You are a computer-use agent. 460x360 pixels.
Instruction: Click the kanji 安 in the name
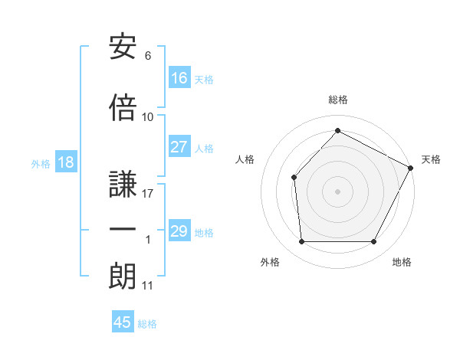123,47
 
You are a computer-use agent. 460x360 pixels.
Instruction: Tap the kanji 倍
123,107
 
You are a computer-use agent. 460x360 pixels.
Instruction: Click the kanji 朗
123,277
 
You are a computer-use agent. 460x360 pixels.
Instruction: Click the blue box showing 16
179,78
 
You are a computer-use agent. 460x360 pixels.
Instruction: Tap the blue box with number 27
179,148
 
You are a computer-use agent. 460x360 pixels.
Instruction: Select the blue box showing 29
179,232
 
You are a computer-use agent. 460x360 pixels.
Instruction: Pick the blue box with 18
65,163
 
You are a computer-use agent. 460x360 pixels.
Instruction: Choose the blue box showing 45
123,322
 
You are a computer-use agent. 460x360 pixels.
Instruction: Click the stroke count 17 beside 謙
148,194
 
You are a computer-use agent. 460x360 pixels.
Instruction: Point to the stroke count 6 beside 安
148,56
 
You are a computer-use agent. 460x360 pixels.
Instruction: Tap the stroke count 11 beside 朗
148,286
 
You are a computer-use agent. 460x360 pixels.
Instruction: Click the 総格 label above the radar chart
337,100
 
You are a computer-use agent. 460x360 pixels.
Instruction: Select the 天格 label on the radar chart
431,159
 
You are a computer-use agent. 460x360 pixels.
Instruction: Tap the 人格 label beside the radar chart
245,159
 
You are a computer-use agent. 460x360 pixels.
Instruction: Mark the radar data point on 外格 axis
301,242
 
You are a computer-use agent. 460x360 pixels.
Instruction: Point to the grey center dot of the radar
337,191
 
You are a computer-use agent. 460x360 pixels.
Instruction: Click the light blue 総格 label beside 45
147,324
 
